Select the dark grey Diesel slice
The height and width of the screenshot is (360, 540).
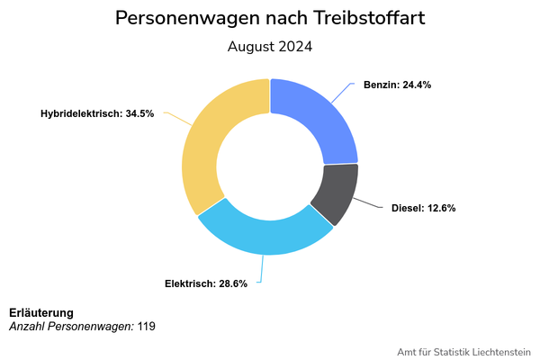pos(334,193)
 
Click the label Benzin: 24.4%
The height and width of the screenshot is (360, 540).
pos(397,85)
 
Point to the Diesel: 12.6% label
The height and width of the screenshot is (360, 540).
pos(423,208)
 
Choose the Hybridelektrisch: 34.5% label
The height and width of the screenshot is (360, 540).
pos(97,113)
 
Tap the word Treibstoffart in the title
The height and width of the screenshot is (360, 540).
pos(368,18)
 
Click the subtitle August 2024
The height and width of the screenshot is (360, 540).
pos(270,47)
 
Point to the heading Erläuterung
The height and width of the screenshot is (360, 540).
pos(41,312)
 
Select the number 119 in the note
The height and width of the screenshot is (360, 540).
pos(147,326)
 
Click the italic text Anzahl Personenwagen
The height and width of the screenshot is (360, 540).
pos(71,326)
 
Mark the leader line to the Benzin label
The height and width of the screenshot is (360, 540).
pos(343,91)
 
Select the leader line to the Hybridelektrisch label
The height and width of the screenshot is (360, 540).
pos(176,119)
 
